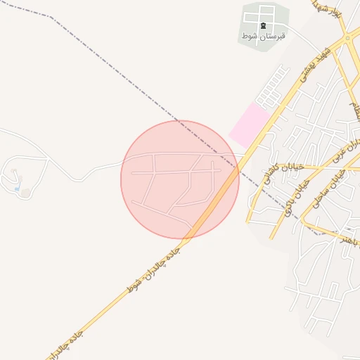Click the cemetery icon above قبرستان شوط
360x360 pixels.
264,26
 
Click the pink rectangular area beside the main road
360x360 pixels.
250,124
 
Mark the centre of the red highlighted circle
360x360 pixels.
180,179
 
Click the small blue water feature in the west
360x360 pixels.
17,188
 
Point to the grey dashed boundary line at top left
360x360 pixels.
28,10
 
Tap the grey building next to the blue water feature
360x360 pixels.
26,192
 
